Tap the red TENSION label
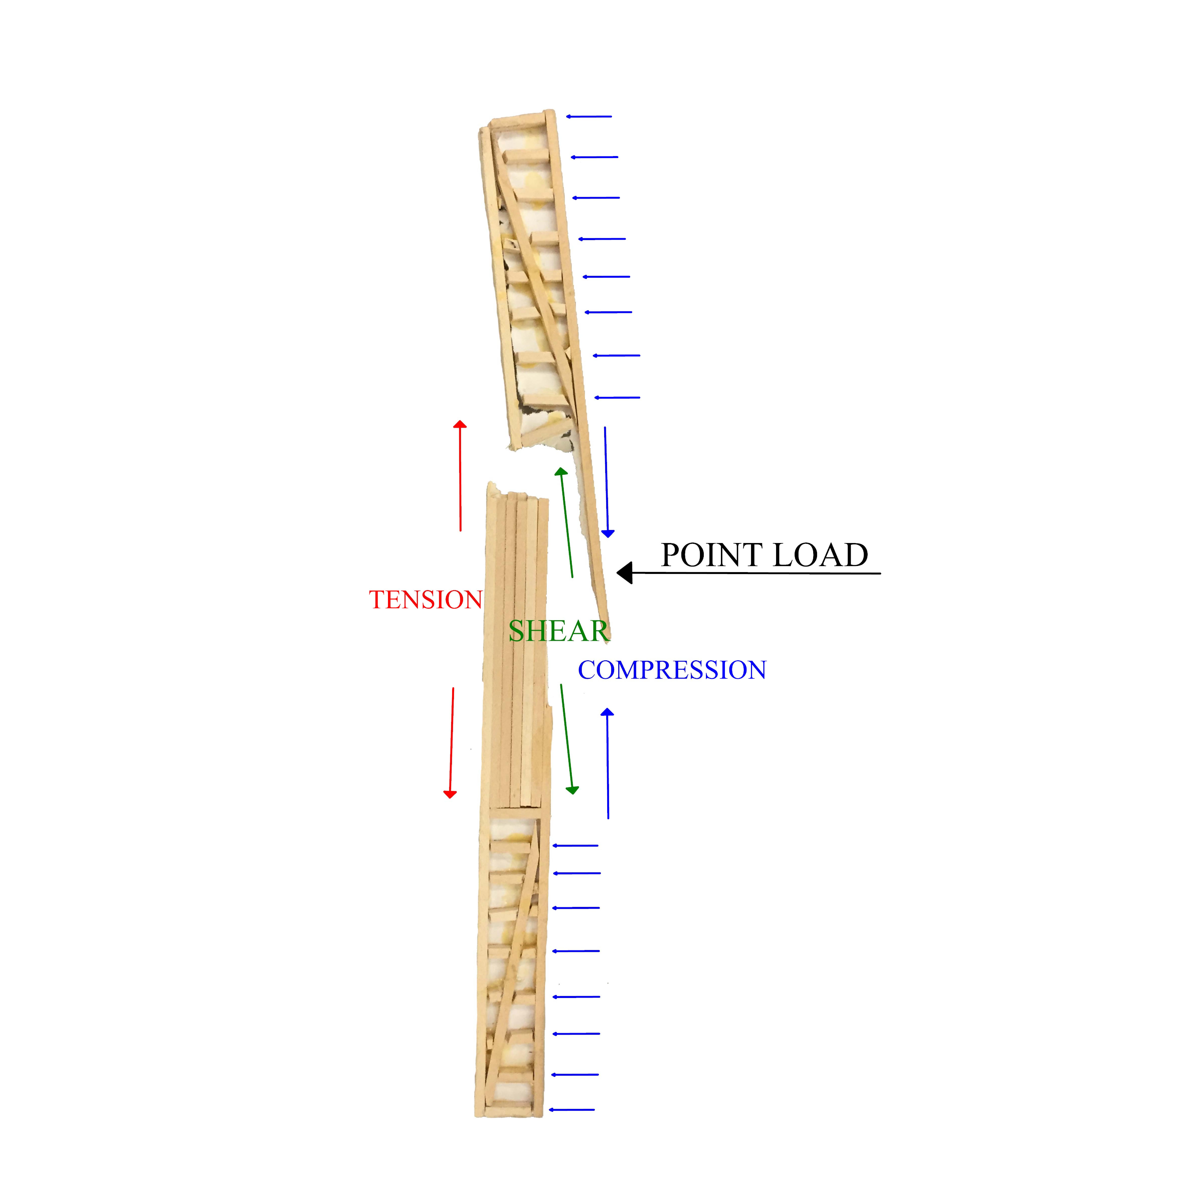click(x=426, y=600)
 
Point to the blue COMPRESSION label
click(x=672, y=670)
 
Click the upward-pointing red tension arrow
click(x=460, y=476)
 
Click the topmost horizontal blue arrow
click(x=589, y=116)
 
